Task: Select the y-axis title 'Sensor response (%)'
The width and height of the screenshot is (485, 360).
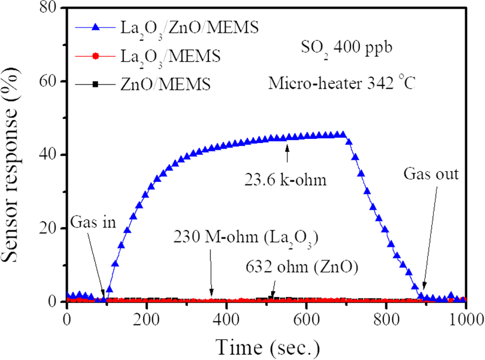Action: pyautogui.click(x=16, y=155)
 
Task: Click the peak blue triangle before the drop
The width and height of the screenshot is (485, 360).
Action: pyautogui.click(x=343, y=134)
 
